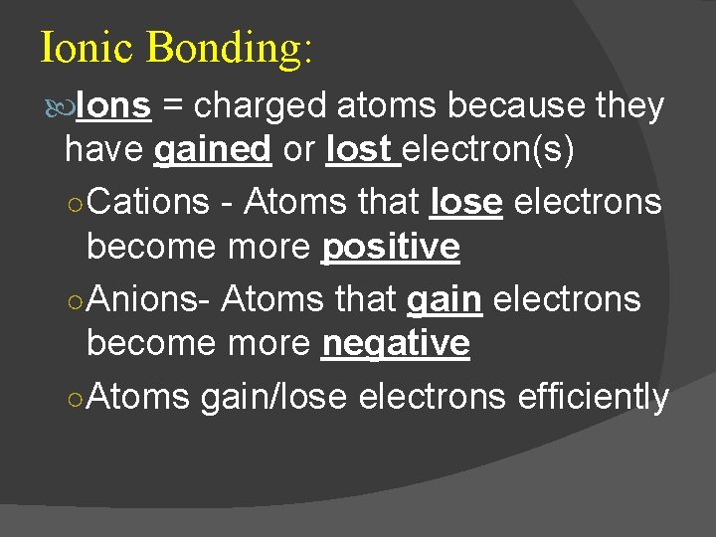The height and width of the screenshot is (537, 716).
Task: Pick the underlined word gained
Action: point(214,150)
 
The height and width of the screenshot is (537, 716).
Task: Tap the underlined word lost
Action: point(359,150)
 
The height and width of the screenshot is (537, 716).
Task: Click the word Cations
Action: point(148,202)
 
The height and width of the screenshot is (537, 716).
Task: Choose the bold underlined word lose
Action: point(466,202)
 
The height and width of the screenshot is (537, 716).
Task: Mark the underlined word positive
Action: point(391,248)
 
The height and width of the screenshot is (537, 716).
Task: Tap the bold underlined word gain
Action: point(445,299)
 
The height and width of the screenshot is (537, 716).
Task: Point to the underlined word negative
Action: point(396,344)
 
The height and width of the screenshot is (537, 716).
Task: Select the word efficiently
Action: point(594,397)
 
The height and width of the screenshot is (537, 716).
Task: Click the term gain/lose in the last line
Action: point(273,397)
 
